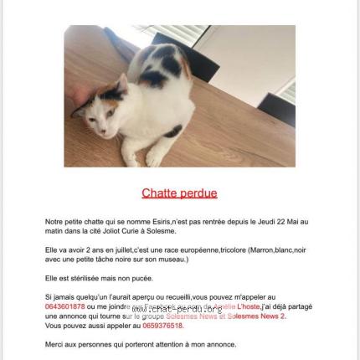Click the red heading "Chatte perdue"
tap(179, 193)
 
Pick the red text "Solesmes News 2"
tap(259, 316)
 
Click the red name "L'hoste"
tap(250, 306)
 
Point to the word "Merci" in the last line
tap(54, 343)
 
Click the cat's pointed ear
tap(121, 82)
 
